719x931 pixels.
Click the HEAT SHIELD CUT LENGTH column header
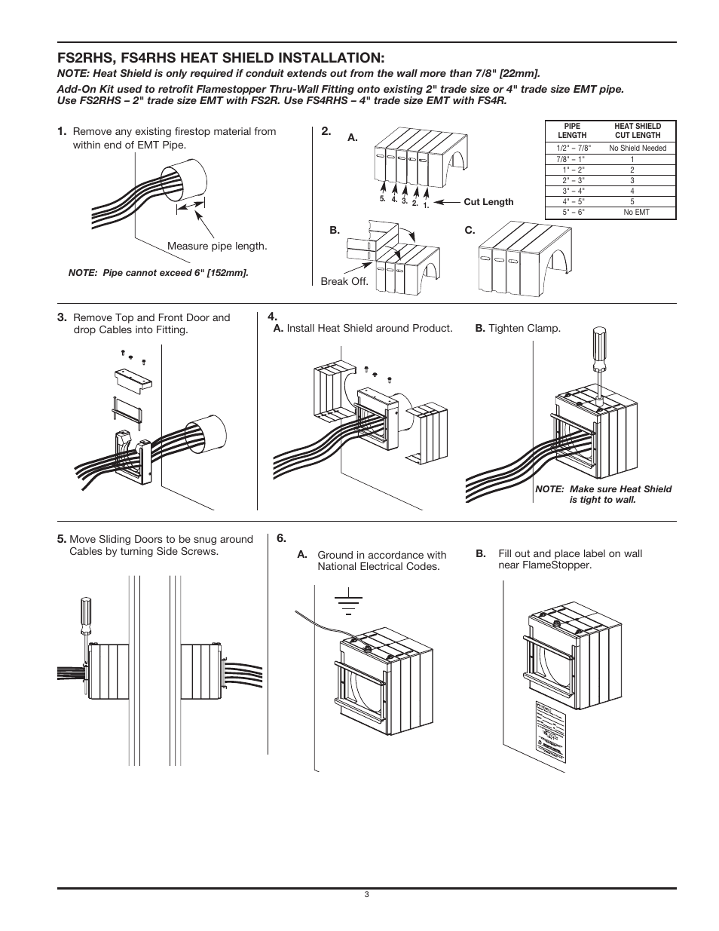638,131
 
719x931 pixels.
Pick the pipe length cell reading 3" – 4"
573,191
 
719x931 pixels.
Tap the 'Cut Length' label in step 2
488,202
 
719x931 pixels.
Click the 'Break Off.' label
344,281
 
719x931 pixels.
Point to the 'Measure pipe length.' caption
217,247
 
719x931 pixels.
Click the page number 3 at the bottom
366,895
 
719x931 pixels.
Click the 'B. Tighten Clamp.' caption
518,329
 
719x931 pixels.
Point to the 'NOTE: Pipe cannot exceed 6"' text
158,272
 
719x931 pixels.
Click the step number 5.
62,539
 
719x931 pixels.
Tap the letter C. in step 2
470,231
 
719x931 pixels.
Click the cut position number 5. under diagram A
383,198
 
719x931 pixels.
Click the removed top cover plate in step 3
133,379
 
